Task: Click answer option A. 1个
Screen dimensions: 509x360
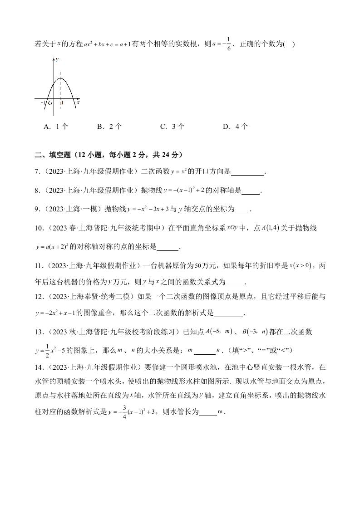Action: click(x=55, y=127)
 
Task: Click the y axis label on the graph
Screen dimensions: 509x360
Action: click(x=57, y=59)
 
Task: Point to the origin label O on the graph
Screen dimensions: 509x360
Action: click(x=50, y=103)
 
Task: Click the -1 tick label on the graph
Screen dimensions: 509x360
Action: click(x=43, y=103)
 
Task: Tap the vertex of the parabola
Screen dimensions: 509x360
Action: click(x=60, y=78)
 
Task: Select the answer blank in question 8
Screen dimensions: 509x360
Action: click(x=251, y=191)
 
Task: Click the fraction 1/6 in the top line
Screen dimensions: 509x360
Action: click(x=229, y=44)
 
